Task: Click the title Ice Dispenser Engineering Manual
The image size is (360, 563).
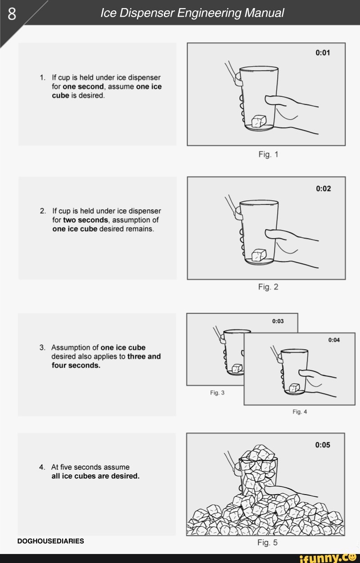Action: click(x=192, y=13)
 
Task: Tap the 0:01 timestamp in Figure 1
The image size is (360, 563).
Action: click(x=323, y=53)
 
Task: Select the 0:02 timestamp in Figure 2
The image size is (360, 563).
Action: click(x=323, y=188)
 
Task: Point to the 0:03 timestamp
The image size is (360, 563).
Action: click(x=278, y=321)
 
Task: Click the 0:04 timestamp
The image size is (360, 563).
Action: click(x=334, y=340)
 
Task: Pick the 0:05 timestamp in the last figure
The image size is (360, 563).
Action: click(x=323, y=445)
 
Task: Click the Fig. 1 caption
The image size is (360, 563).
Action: click(x=268, y=154)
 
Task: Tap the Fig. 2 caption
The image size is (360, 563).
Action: click(x=268, y=287)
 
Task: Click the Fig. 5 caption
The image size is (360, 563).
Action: click(x=267, y=542)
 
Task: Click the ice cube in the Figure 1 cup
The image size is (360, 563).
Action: click(x=259, y=121)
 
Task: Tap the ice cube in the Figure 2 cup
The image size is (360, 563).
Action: click(x=259, y=255)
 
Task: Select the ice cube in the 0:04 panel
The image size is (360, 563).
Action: click(x=294, y=387)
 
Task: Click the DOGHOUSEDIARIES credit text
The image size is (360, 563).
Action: click(x=50, y=541)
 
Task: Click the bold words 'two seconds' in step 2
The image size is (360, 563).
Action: click(x=85, y=220)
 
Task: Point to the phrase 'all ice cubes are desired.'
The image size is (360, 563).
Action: click(x=95, y=476)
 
